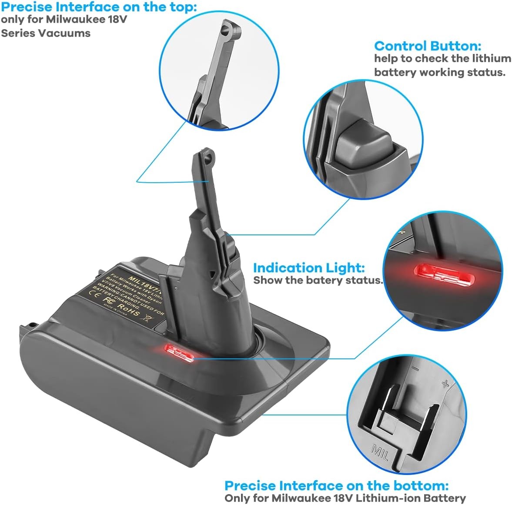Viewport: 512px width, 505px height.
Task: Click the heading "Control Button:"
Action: [x=428, y=46]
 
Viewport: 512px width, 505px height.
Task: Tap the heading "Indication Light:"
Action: [x=309, y=268]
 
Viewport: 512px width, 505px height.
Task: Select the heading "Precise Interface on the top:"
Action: [x=99, y=7]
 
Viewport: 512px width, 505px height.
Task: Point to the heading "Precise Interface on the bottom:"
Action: [x=336, y=485]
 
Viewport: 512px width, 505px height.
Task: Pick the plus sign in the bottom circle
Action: [x=445, y=384]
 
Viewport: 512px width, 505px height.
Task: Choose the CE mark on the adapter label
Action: [x=92, y=293]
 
